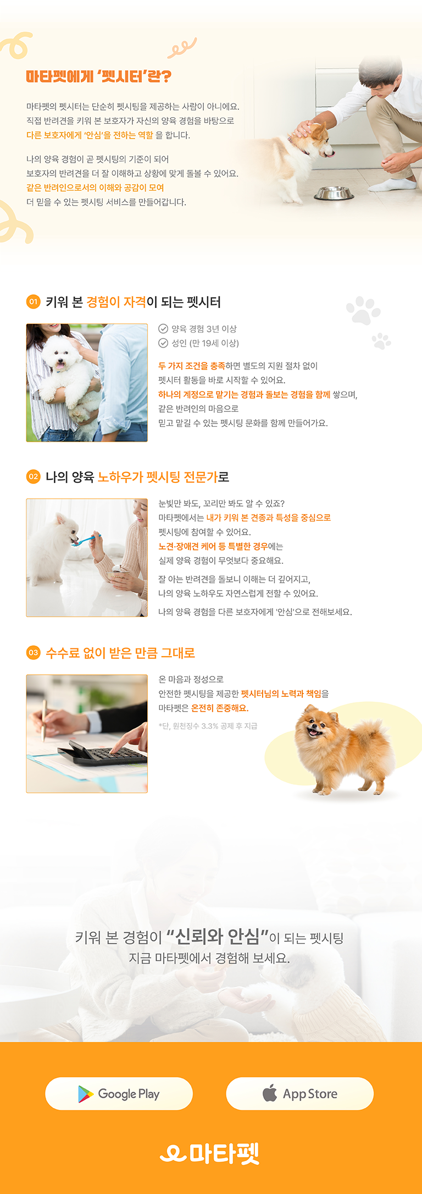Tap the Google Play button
click(119, 1093)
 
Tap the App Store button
click(300, 1093)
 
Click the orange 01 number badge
click(34, 301)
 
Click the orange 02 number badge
click(34, 476)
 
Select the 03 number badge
click(34, 652)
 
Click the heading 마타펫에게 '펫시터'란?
click(99, 76)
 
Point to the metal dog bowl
click(333, 194)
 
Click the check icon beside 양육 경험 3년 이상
click(163, 329)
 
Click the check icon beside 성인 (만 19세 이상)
click(163, 343)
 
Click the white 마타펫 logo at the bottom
click(209, 1153)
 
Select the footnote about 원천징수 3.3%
click(208, 726)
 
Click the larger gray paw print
click(363, 311)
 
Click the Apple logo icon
click(270, 1093)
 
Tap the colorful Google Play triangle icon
click(85, 1094)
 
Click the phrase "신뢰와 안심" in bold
click(218, 936)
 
